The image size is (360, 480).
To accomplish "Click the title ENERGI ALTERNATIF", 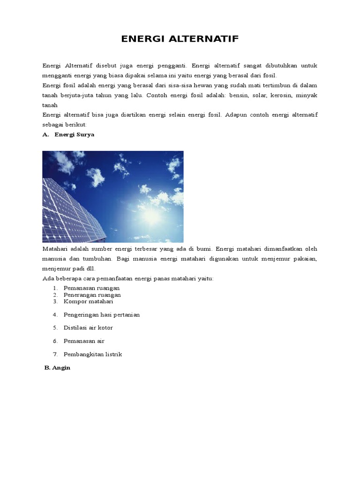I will (180, 39).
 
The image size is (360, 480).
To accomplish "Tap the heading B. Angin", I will (57, 368).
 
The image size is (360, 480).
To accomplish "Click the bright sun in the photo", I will (153, 215).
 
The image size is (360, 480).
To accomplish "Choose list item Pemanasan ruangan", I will (91, 288).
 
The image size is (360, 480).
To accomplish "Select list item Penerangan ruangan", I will (92, 295).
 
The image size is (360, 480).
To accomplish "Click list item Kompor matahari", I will (89, 301).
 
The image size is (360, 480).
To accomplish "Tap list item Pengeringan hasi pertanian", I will (102, 315).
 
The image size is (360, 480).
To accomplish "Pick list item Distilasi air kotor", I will (88, 328).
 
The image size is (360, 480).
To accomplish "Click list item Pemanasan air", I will (84, 341).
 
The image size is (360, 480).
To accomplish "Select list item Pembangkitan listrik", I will (93, 354).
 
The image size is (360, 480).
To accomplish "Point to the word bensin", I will (233, 95).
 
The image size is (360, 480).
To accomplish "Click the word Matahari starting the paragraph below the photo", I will (55, 248).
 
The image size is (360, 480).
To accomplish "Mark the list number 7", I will (55, 354).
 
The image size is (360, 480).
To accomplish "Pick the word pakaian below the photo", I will (306, 258).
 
